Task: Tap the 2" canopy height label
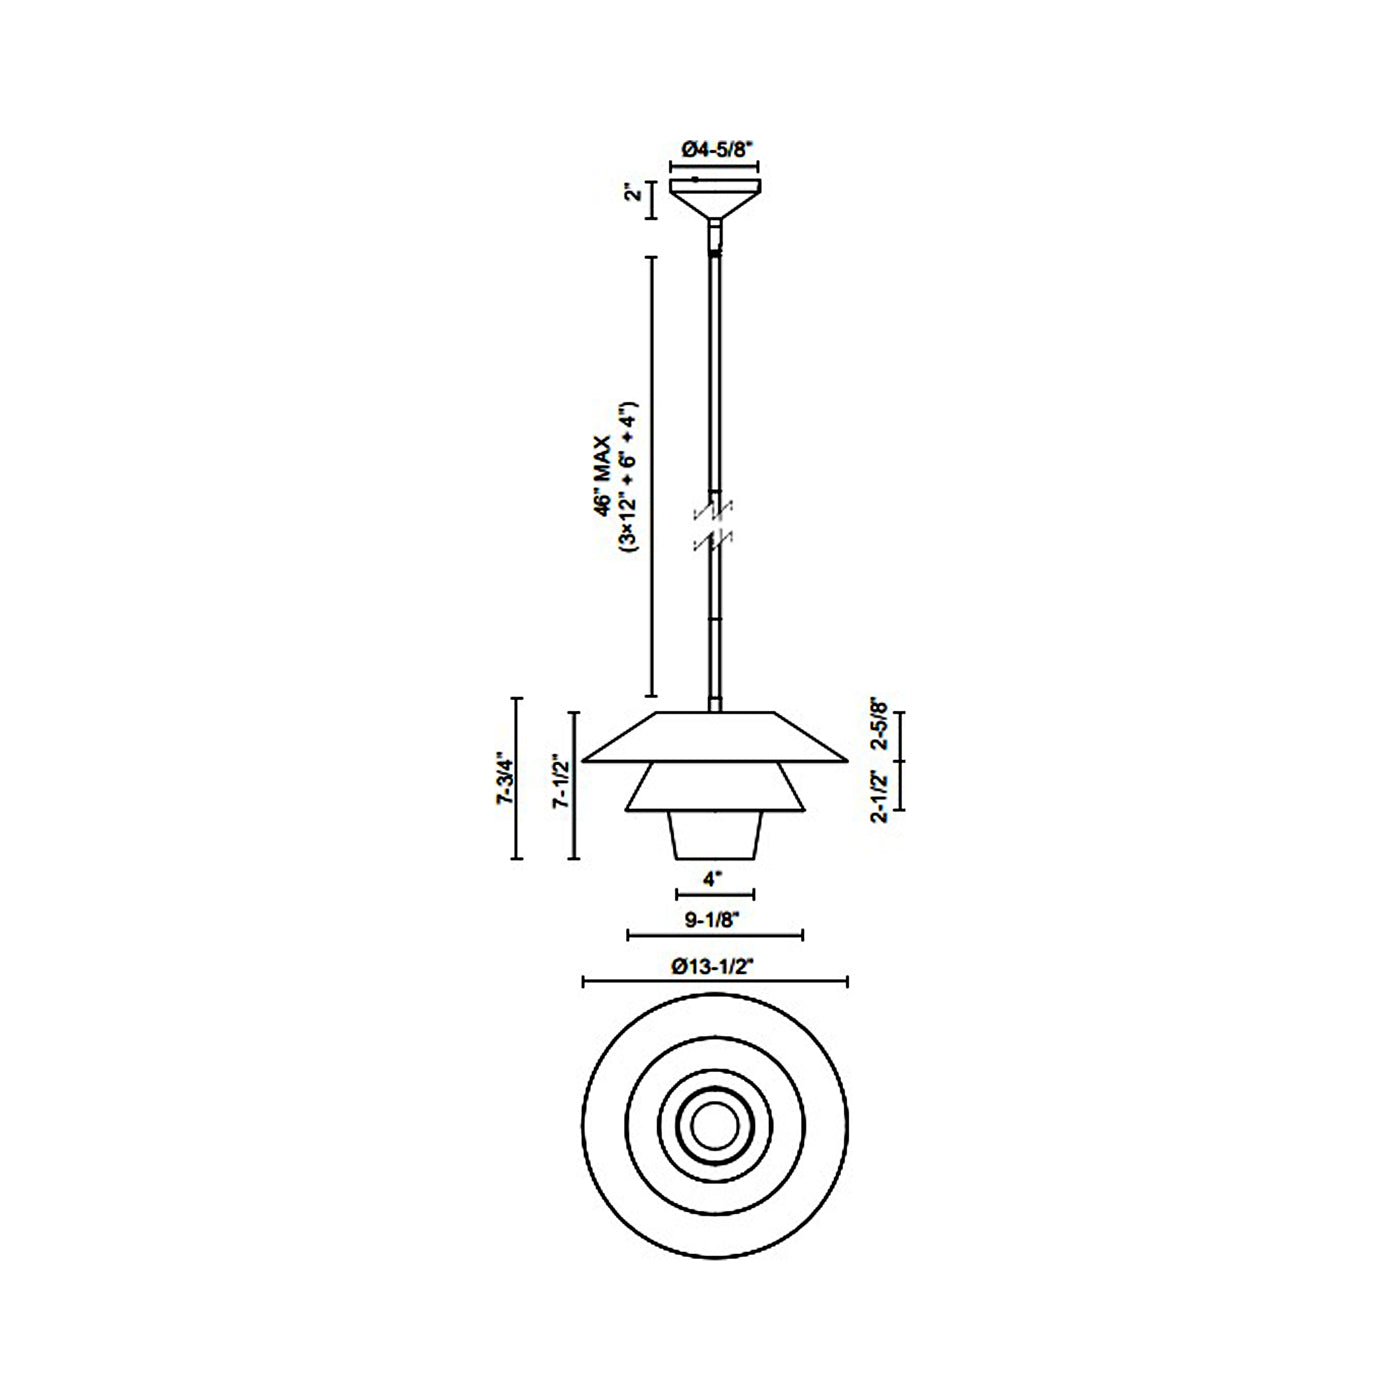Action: [x=634, y=193]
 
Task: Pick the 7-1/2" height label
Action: [x=561, y=785]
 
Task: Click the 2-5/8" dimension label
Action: [x=880, y=724]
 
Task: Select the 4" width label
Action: [x=713, y=879]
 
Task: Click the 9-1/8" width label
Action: [x=711, y=920]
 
